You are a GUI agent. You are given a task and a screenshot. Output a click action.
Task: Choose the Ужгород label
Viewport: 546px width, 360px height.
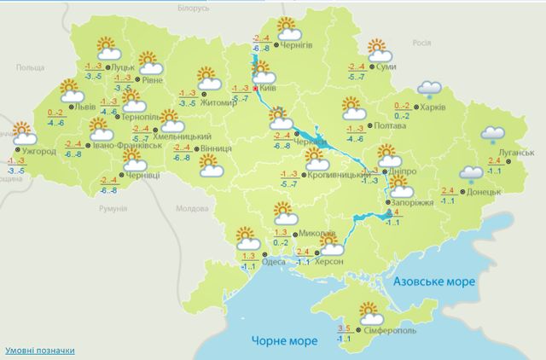(x=40, y=152)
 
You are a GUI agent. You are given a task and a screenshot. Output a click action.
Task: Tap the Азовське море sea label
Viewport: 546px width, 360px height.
(x=439, y=280)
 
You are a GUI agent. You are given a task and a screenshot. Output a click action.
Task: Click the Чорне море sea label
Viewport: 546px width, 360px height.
(x=284, y=340)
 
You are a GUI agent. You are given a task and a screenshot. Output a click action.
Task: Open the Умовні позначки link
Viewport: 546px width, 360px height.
(x=39, y=351)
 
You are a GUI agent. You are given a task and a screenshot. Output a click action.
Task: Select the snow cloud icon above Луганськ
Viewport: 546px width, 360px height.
(x=493, y=132)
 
